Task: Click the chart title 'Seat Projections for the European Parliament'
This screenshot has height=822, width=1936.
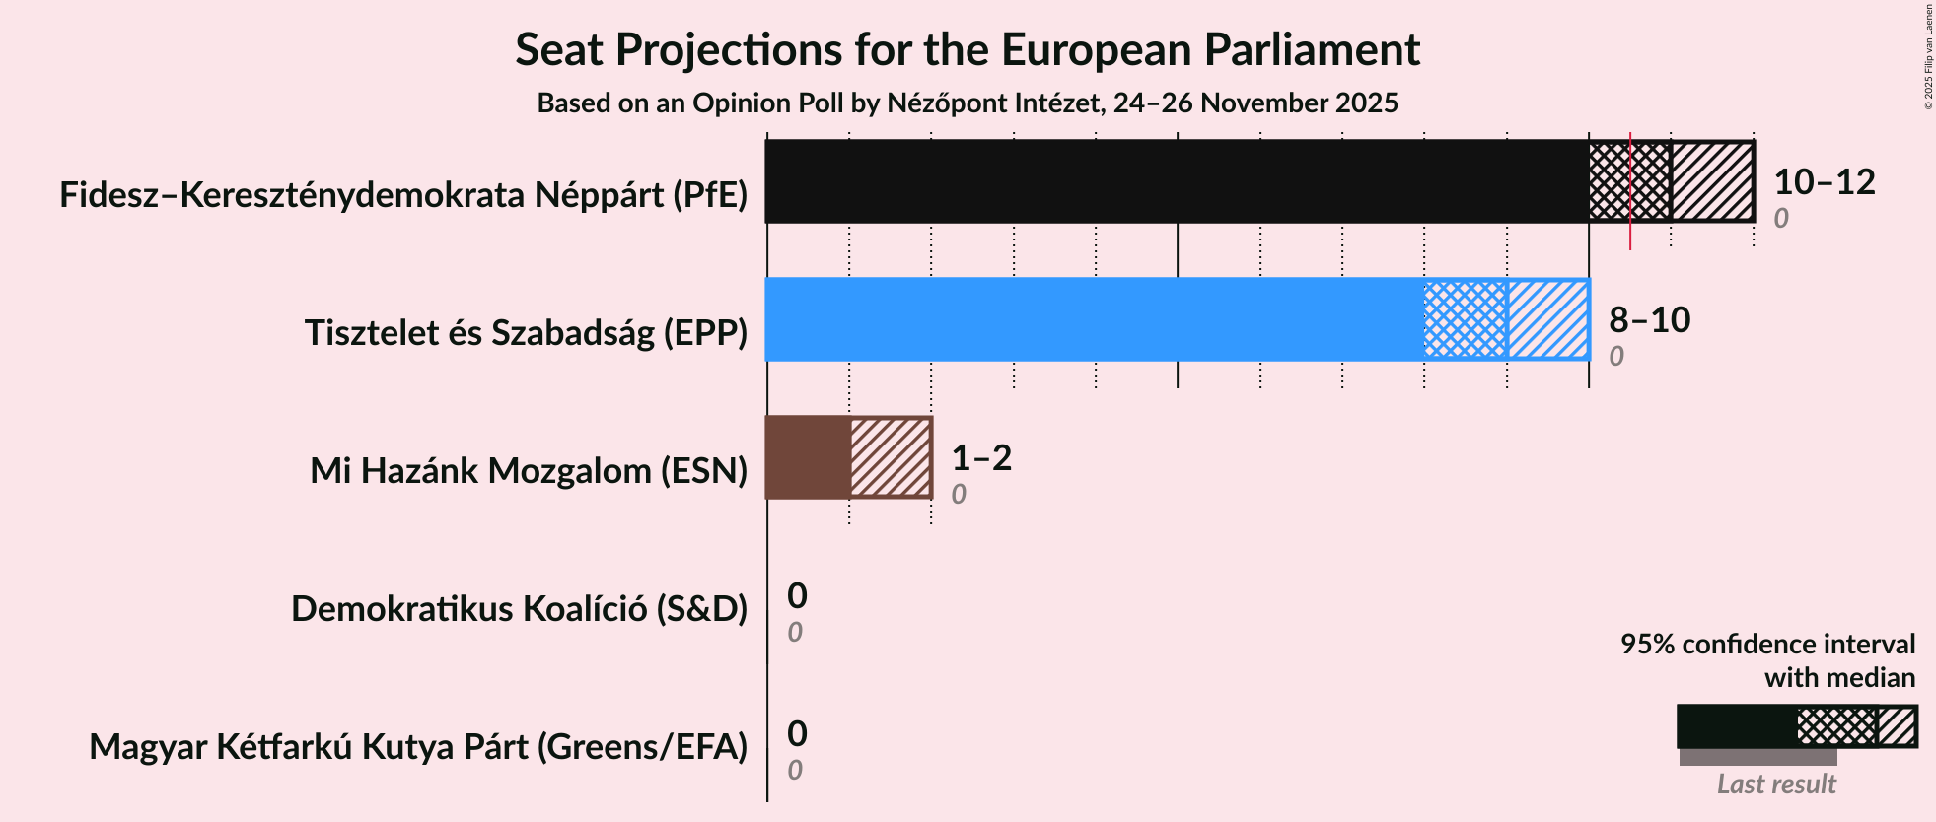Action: [967, 49]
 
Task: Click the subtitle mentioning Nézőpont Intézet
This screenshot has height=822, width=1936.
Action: [967, 103]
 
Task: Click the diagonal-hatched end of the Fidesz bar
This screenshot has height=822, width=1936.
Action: [1712, 181]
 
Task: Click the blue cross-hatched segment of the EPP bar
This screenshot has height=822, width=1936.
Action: [1466, 319]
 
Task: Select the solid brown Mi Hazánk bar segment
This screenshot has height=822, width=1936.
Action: [808, 457]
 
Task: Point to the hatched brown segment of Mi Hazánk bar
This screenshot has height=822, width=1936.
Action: [891, 457]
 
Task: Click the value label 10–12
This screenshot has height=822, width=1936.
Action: [1824, 181]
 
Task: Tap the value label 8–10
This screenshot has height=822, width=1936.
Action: [1649, 319]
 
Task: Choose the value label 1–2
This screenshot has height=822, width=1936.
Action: [981, 457]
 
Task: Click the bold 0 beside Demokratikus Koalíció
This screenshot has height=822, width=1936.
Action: [797, 595]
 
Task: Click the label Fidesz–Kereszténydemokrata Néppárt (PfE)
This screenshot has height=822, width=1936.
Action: [403, 195]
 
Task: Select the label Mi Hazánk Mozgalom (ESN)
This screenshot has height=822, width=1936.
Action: [529, 471]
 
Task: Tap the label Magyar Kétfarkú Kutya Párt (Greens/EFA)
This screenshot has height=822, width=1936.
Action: [418, 747]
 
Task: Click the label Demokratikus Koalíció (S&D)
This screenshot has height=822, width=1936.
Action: [519, 609]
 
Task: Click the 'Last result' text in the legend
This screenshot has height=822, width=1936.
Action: [1775, 784]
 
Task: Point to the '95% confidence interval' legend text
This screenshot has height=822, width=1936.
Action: [1767, 645]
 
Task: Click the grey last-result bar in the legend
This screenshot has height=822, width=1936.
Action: [1757, 757]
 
